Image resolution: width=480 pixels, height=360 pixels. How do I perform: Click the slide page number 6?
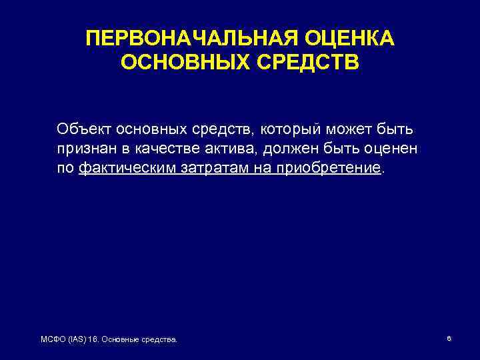click(x=449, y=339)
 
